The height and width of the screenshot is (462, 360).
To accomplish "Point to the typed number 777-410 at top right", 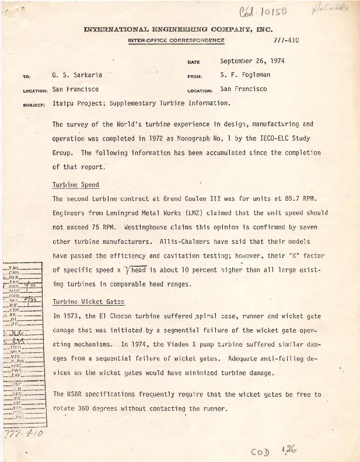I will (x=286, y=41).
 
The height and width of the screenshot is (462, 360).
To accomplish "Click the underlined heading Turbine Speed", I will (x=75, y=185).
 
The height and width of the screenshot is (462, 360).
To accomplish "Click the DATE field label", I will (x=194, y=62).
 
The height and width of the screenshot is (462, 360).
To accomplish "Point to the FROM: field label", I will (x=195, y=76).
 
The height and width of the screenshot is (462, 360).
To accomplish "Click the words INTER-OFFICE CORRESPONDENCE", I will (x=176, y=40).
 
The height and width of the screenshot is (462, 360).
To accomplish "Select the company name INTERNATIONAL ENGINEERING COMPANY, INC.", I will (x=179, y=29).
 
